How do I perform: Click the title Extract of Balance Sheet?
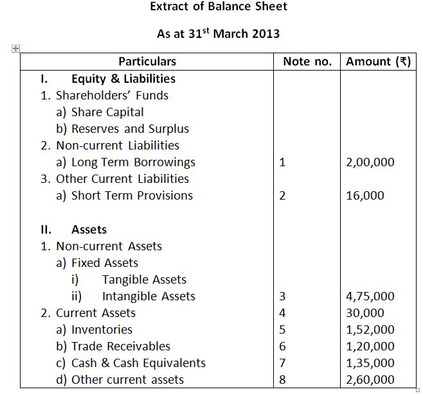(219, 7)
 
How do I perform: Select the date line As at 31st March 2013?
(219, 33)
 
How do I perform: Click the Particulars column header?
(147, 62)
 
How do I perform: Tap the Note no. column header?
(307, 62)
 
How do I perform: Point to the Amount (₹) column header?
(378, 62)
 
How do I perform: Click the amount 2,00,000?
(370, 162)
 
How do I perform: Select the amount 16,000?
(365, 196)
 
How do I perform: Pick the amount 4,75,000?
(370, 296)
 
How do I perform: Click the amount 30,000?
(365, 313)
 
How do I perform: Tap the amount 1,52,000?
(370, 330)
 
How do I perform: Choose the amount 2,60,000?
(370, 380)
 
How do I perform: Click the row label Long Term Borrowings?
(133, 162)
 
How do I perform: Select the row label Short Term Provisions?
(132, 196)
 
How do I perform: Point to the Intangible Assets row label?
(148, 296)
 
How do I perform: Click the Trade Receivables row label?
(121, 347)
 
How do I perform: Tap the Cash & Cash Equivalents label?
(138, 363)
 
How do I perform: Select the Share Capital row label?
(107, 112)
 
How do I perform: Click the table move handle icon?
(15, 48)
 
